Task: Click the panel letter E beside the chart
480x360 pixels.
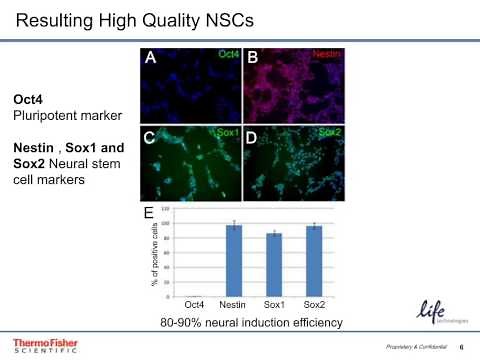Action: pyautogui.click(x=149, y=213)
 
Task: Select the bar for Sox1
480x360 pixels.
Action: pyautogui.click(x=273, y=264)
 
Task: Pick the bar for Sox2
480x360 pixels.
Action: pyautogui.click(x=313, y=260)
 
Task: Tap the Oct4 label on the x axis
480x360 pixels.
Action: pyautogui.click(x=194, y=303)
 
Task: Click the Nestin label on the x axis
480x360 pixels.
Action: pyautogui.click(x=233, y=303)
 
